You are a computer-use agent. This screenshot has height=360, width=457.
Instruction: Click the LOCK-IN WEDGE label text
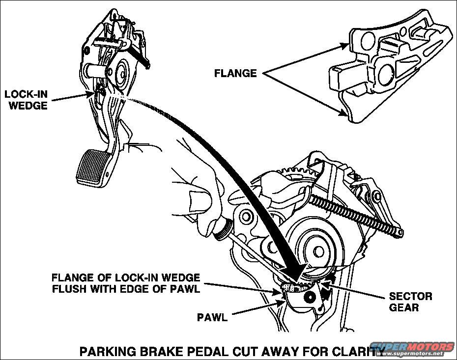point(26,98)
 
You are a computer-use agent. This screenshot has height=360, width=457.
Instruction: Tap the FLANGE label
point(235,74)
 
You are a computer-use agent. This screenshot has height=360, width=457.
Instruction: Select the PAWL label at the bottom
point(212,317)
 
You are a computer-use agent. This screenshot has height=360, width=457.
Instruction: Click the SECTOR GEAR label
point(410,302)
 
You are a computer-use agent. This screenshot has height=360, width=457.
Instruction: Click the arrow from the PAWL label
point(258,308)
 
